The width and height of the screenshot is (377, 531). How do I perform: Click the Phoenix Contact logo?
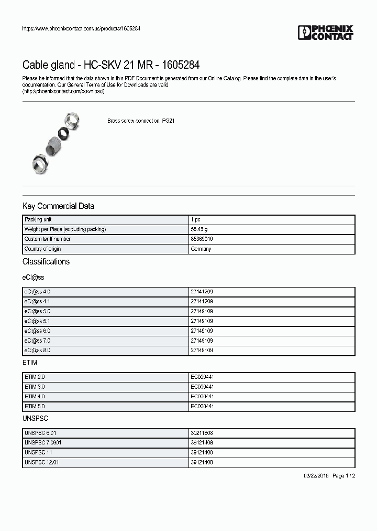325,33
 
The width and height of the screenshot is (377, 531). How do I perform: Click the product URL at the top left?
81,28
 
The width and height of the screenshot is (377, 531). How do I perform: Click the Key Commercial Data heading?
58,206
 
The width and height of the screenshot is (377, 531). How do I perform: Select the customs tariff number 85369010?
202,239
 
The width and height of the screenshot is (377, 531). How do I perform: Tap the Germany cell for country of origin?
202,249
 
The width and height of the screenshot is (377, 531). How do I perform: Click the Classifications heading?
46,261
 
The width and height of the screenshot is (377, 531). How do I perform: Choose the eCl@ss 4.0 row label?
37,291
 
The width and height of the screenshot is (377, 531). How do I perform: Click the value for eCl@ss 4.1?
202,301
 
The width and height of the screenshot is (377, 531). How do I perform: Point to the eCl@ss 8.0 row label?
37,350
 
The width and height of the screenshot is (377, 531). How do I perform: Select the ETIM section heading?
30,363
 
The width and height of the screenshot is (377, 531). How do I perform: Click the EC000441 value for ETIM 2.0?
202,377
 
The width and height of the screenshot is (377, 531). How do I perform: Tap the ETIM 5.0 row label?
35,406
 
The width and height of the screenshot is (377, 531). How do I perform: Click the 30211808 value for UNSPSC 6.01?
202,433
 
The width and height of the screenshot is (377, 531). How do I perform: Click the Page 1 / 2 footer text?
344,475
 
